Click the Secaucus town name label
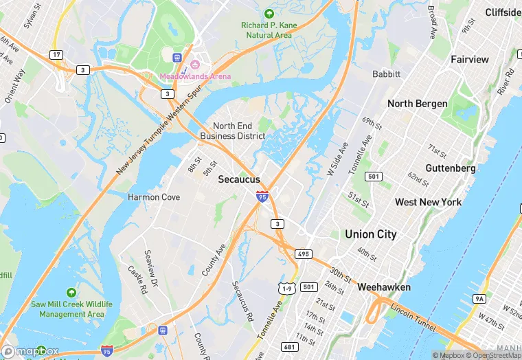point(238,179)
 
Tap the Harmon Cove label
point(154,197)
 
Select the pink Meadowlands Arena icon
point(194,65)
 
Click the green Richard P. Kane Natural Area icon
point(269,13)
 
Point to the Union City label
point(371,234)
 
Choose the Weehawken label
point(384,287)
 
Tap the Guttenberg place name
point(451,168)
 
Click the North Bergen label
point(418,104)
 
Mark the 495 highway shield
point(304,254)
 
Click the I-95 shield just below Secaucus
point(262,196)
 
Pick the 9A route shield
point(479,298)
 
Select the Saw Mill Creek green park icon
point(71,292)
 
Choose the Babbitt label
point(385,74)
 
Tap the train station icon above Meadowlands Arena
point(177,58)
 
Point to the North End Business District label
point(232,131)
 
